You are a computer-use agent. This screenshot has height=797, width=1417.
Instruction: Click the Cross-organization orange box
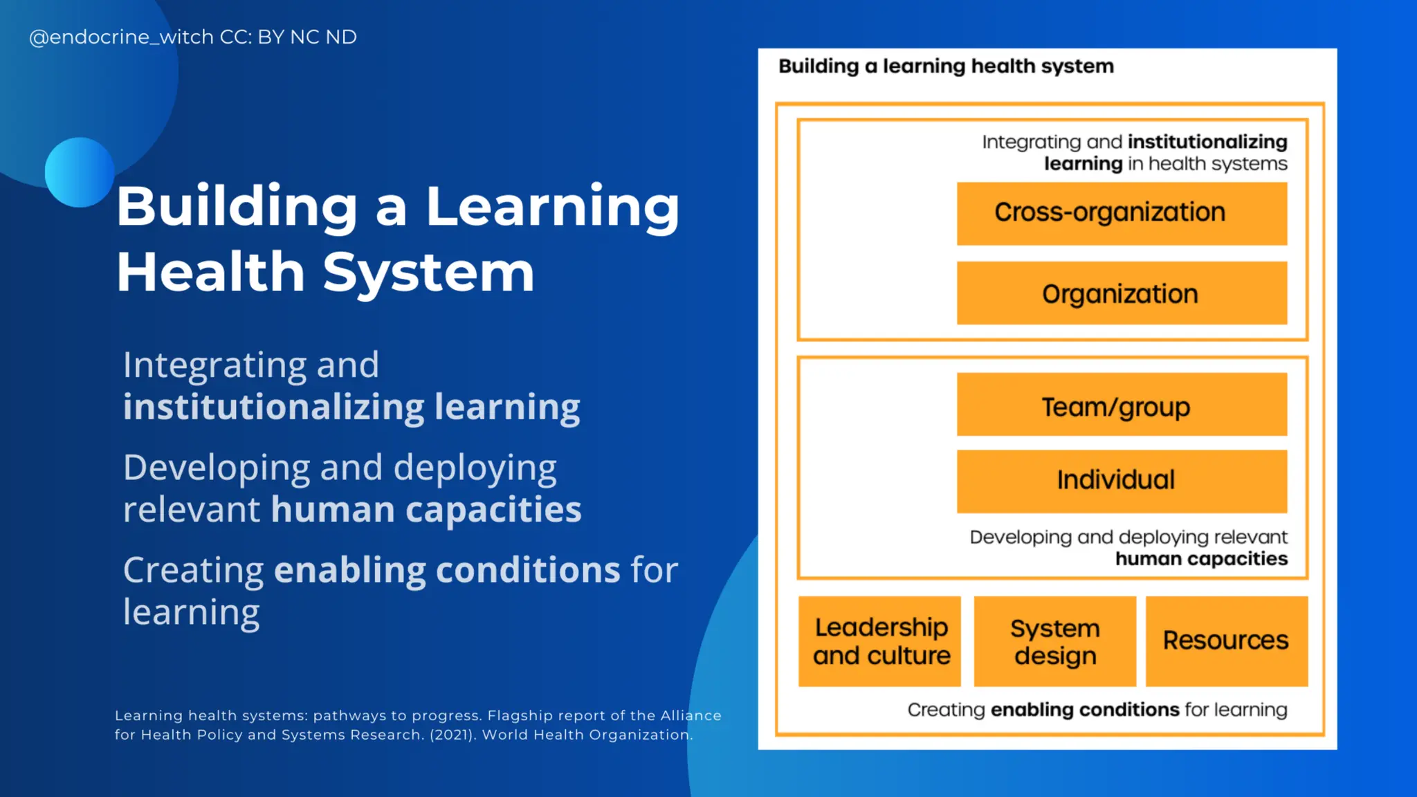1122,213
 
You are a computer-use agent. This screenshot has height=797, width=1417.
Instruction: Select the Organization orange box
1122,293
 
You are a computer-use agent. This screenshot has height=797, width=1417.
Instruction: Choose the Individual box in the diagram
1122,481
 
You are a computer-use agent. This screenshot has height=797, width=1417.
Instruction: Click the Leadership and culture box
879,641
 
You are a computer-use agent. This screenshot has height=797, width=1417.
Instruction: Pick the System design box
1054,641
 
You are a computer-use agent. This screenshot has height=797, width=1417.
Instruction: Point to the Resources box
1226,641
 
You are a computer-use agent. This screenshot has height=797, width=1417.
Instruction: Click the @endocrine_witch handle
121,37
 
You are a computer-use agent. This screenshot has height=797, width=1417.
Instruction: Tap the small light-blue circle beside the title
79,172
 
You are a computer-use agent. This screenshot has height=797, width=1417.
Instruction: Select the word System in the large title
428,273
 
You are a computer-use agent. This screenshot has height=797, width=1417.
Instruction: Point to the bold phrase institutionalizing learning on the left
351,407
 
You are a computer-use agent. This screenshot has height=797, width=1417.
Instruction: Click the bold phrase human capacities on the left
426,510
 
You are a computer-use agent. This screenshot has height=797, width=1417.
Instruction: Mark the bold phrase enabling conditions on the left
447,571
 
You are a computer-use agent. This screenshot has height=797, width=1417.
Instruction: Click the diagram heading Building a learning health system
946,66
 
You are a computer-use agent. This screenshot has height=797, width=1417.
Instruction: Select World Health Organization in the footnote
587,735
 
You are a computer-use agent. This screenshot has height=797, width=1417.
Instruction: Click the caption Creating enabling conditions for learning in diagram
1097,710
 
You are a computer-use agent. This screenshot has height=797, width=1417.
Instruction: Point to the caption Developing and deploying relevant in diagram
1128,538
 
